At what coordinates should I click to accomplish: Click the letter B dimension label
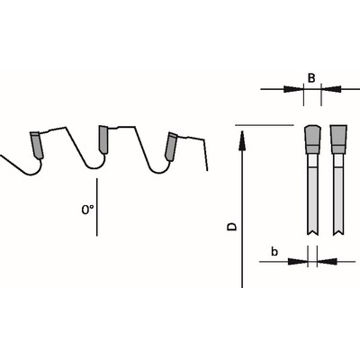[311, 78]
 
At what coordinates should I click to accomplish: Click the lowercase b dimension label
[274, 251]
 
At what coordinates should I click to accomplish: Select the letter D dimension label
[231, 227]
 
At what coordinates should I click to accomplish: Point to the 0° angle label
[87, 210]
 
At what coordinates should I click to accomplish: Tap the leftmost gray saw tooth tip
[37, 145]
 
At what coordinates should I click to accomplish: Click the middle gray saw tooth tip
[103, 139]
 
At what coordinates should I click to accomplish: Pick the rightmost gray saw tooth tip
[171, 146]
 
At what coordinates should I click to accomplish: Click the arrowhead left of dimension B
[292, 89]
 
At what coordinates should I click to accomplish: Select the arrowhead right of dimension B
[332, 89]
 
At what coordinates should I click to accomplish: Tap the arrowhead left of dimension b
[298, 262]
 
